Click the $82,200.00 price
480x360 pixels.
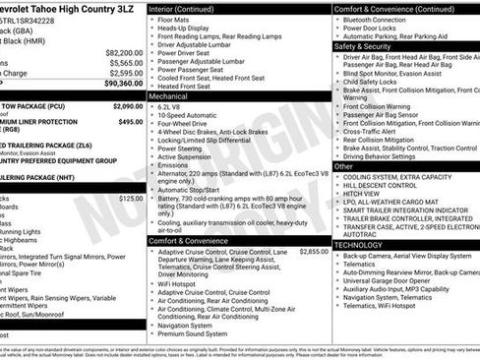[x=123, y=52]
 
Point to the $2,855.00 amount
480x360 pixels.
[x=314, y=251]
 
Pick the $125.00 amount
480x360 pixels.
[x=130, y=198]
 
